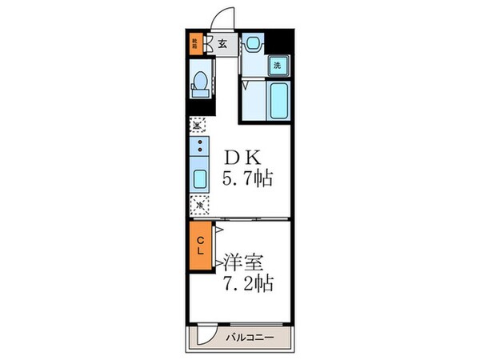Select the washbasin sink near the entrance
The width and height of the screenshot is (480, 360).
tap(253, 43)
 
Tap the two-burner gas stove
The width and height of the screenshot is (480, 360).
tap(198, 148)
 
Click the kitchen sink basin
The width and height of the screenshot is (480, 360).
tap(198, 178)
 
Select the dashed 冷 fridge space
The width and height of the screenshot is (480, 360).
tap(198, 205)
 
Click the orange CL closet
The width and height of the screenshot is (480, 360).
tap(198, 246)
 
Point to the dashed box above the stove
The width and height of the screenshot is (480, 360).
tap(198, 125)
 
